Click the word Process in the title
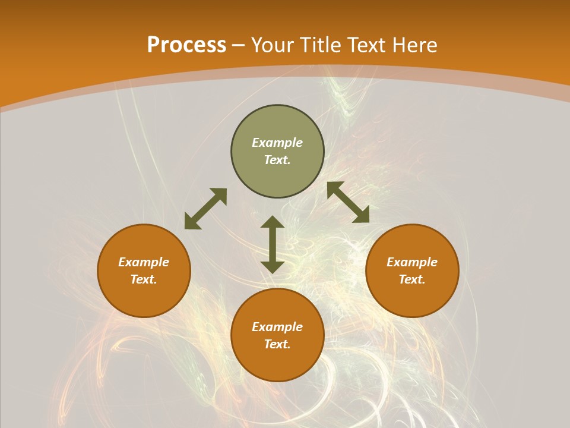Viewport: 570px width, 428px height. pos(186,45)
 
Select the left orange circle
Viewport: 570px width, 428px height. pos(144,297)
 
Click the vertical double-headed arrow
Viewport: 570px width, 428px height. pos(273,244)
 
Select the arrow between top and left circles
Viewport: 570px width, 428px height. pos(205,209)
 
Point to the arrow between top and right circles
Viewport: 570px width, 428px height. pos(348,202)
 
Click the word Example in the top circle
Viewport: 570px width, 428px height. pos(277,143)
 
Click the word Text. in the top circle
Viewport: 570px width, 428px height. pos(277,160)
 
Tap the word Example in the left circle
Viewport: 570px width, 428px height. pos(144,262)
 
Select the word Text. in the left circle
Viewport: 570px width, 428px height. pos(144,279)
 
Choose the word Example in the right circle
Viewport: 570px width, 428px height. pos(412,262)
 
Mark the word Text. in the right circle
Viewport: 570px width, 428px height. pos(412,279)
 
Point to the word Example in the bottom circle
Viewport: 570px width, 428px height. pos(277,327)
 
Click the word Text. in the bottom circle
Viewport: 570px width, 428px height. pos(277,344)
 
